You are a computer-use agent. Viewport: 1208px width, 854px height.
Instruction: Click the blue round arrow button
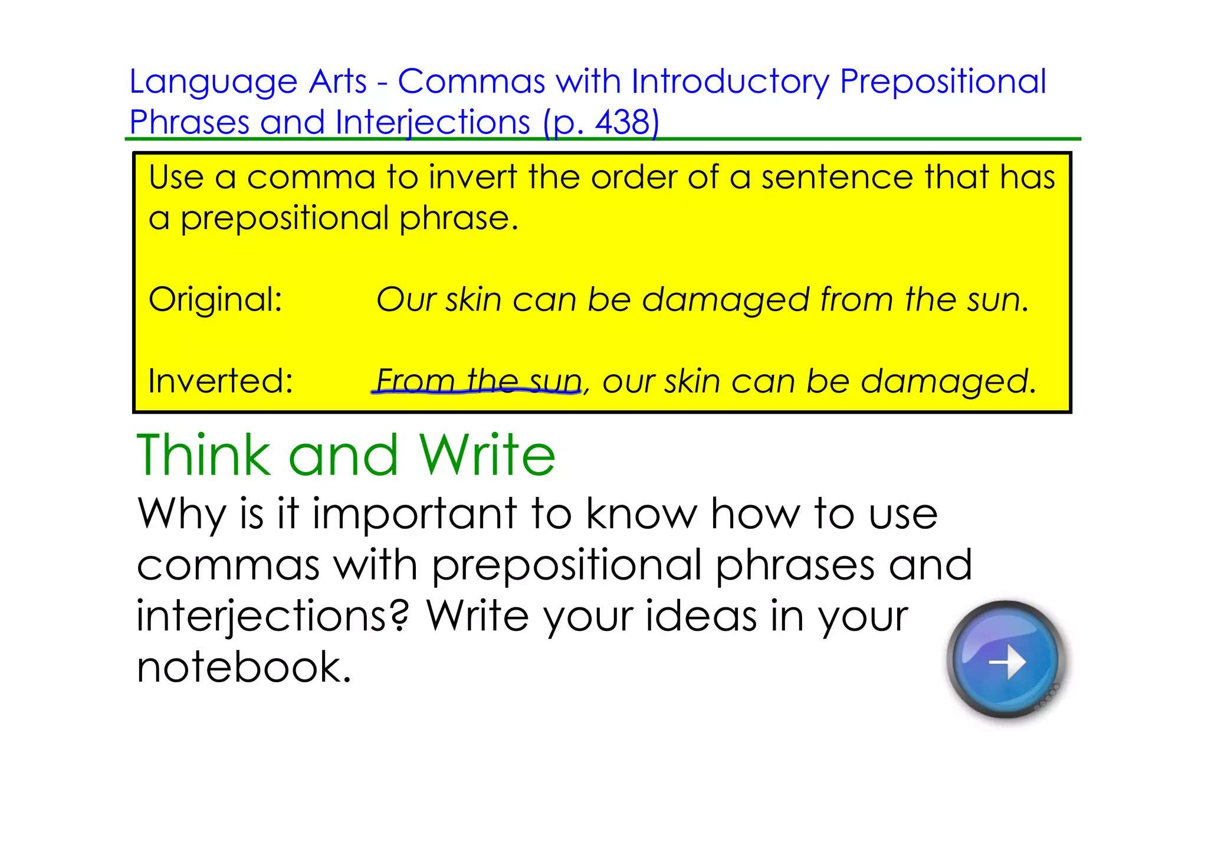pos(1006,660)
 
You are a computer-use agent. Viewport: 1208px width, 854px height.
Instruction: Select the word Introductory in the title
pos(730,82)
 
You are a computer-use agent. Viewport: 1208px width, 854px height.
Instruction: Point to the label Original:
pos(215,300)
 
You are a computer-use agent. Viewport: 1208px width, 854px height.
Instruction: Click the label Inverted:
pos(221,381)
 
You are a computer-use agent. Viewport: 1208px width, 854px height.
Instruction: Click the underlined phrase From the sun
pos(478,381)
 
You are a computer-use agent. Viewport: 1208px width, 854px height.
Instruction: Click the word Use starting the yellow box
pos(176,177)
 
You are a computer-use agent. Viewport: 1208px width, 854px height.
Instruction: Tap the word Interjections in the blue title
pos(432,123)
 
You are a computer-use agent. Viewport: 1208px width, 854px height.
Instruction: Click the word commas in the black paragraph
pos(228,565)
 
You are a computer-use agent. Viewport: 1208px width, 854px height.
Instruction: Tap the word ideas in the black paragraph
pos(701,616)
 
